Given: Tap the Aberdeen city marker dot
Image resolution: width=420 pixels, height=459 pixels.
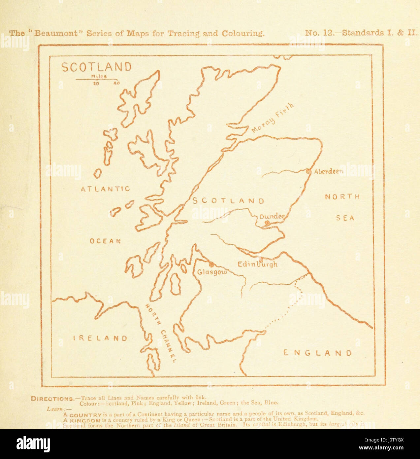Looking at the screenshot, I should (308, 171).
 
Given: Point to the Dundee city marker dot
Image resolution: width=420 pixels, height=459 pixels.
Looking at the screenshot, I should (267, 223).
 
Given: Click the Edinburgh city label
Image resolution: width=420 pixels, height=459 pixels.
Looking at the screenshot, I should (257, 265).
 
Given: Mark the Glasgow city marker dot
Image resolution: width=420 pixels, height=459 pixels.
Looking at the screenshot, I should (211, 264).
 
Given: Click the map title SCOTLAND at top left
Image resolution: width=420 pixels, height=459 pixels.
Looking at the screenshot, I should (97, 67).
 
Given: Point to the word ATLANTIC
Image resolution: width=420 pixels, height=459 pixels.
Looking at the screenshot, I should (106, 189).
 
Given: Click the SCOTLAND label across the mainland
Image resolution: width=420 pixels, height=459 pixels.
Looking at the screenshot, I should (228, 201).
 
